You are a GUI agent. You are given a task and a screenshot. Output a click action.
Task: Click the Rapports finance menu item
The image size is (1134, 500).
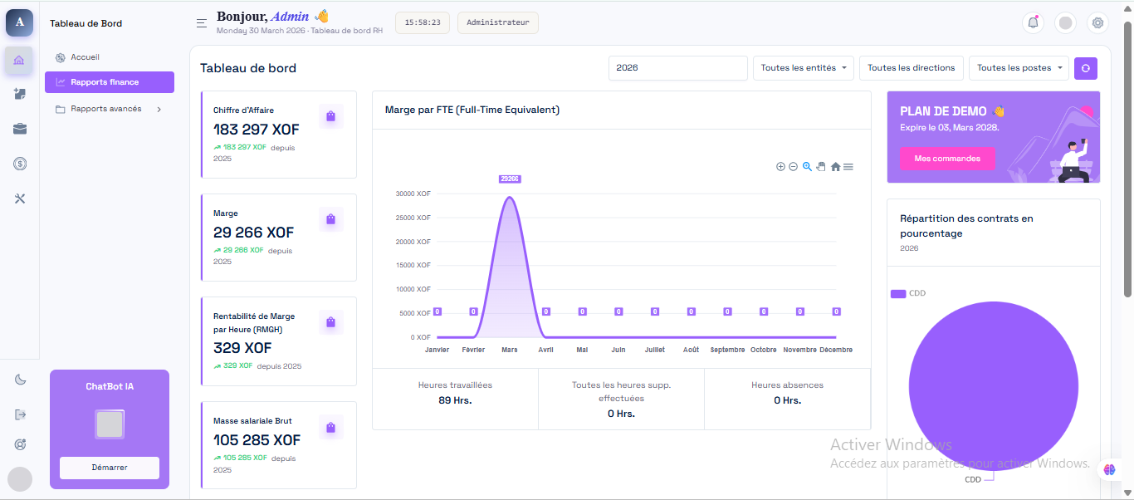pos(110,82)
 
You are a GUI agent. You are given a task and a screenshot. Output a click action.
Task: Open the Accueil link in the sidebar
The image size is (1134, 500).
pos(85,57)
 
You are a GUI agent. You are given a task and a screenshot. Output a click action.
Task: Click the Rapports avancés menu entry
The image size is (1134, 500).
pos(105,109)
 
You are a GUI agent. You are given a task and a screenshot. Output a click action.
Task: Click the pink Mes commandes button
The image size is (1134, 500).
pos(947,159)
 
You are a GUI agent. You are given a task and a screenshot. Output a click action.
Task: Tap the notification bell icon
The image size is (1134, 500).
pos(1033,22)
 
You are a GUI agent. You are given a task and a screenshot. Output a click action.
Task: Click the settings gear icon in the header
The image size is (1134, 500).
pos(1097,22)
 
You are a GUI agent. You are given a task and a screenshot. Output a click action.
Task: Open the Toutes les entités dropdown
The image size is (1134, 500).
pos(804,68)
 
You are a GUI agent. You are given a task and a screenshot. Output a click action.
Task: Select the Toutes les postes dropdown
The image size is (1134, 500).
pos(1019,68)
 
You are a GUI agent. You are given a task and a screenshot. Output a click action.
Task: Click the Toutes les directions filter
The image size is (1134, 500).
pos(912,68)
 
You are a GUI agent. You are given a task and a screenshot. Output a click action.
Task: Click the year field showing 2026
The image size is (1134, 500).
pos(678,68)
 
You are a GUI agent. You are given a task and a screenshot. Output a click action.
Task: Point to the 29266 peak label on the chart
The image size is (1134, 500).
pos(509,179)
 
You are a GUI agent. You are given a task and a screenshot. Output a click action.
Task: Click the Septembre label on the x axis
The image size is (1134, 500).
pos(727,350)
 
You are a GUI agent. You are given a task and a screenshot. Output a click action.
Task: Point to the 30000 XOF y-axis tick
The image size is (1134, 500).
pos(413,194)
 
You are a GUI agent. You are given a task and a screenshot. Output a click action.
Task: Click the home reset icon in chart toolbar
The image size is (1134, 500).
pos(835,167)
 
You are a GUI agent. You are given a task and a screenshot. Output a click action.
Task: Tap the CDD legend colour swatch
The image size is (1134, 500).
pos(898,294)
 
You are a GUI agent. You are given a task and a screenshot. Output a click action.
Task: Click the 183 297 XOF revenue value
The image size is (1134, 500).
pos(257,130)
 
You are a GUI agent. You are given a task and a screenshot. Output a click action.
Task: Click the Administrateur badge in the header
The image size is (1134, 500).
pos(497,22)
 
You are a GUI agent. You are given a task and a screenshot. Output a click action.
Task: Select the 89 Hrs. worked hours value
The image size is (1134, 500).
pos(455,400)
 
